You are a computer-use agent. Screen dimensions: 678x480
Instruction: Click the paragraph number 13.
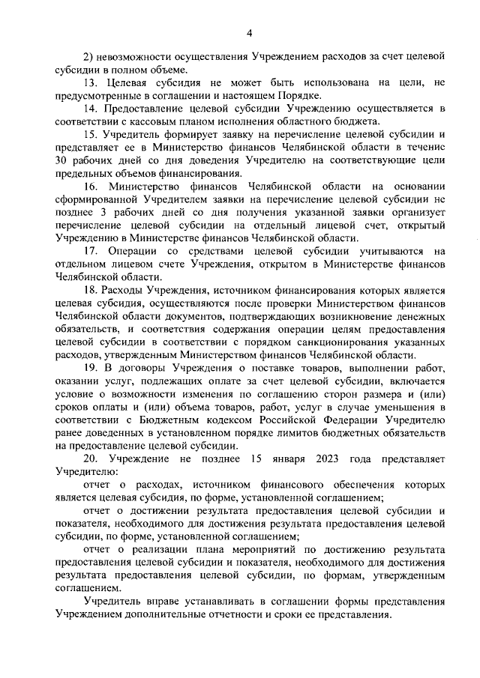(x=90, y=82)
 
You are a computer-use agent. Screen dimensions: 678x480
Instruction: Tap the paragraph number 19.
(x=90, y=369)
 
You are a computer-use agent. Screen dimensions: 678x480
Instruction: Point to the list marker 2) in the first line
(x=86, y=56)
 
